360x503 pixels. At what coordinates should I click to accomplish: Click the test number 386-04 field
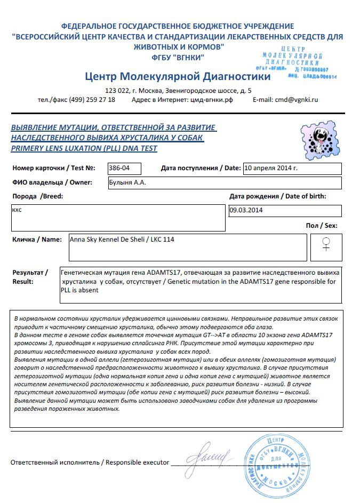(124, 169)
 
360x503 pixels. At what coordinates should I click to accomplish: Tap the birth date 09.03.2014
(246, 210)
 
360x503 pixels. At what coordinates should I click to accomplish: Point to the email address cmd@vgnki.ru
(293, 100)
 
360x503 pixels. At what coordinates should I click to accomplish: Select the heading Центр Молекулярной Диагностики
(177, 77)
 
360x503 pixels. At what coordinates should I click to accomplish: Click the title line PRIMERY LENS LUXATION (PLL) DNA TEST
(84, 148)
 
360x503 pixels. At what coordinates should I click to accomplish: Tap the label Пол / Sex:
(321, 226)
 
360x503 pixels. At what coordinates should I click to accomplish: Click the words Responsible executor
(137, 462)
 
